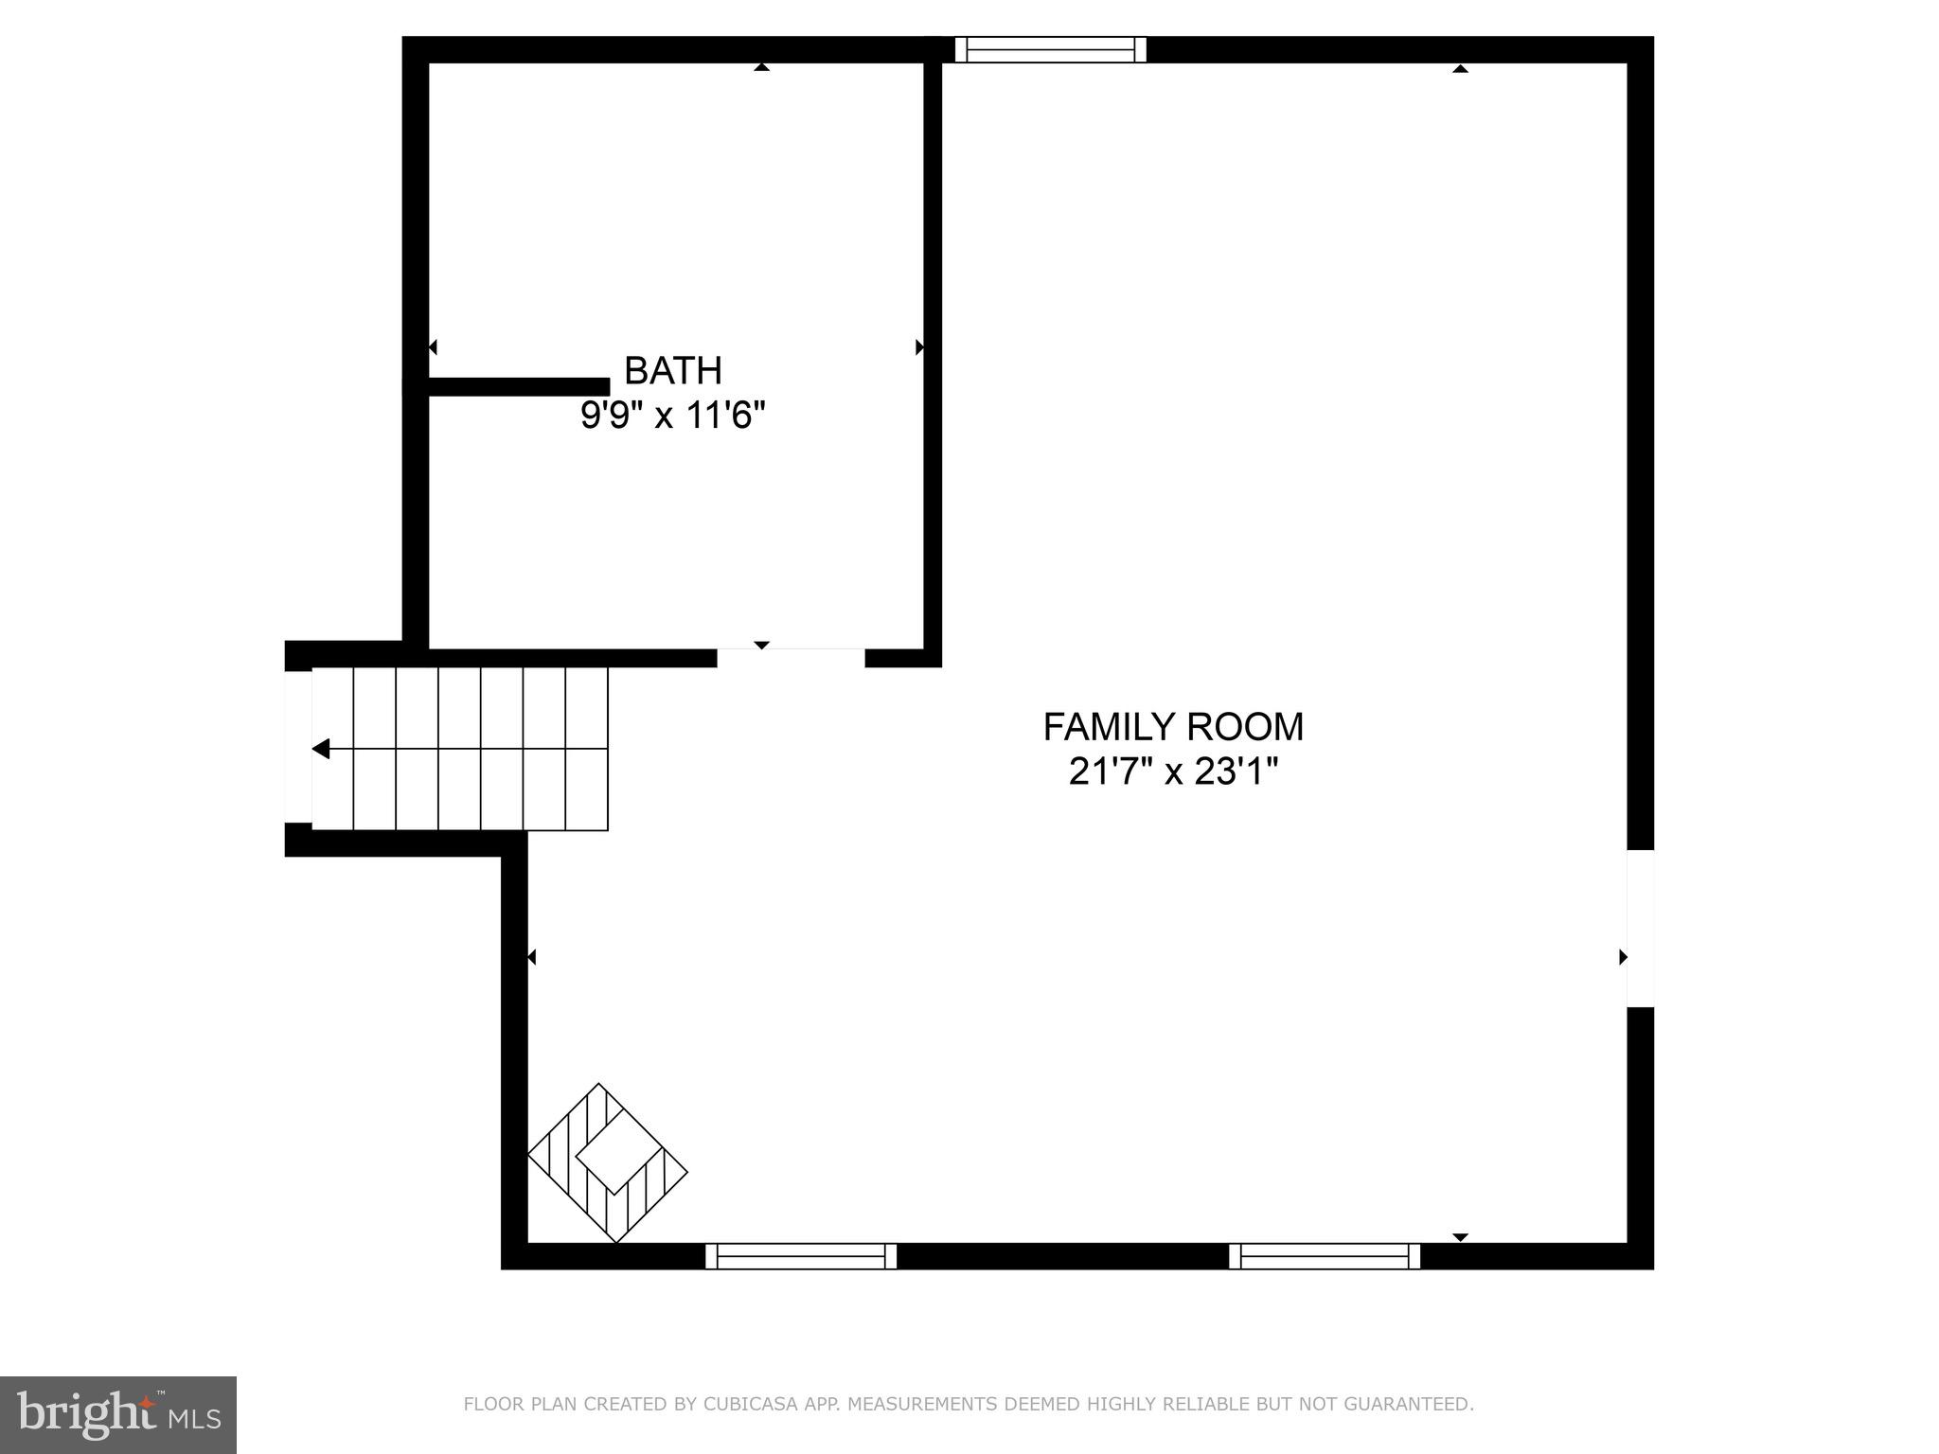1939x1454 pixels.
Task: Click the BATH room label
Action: point(672,370)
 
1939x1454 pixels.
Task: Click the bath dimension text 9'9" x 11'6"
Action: point(672,415)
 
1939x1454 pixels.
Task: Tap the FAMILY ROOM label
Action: point(1173,727)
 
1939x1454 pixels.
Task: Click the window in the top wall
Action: point(1050,49)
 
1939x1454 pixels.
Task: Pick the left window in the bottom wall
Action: point(801,1256)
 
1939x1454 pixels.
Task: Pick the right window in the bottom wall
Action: point(1325,1256)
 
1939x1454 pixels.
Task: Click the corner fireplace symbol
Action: point(608,1162)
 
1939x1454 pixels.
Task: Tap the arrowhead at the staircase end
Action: point(321,749)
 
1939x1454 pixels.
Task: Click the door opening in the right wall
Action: point(1640,928)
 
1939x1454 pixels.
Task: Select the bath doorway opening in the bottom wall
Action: point(791,658)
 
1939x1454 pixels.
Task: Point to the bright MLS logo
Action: point(118,1415)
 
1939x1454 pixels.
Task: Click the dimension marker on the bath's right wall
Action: point(919,347)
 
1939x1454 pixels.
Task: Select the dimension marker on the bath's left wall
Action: point(433,347)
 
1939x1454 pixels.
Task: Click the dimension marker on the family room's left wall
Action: point(531,957)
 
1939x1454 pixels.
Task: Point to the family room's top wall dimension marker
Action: point(1460,68)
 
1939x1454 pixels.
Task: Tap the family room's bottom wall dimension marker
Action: point(1460,1237)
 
